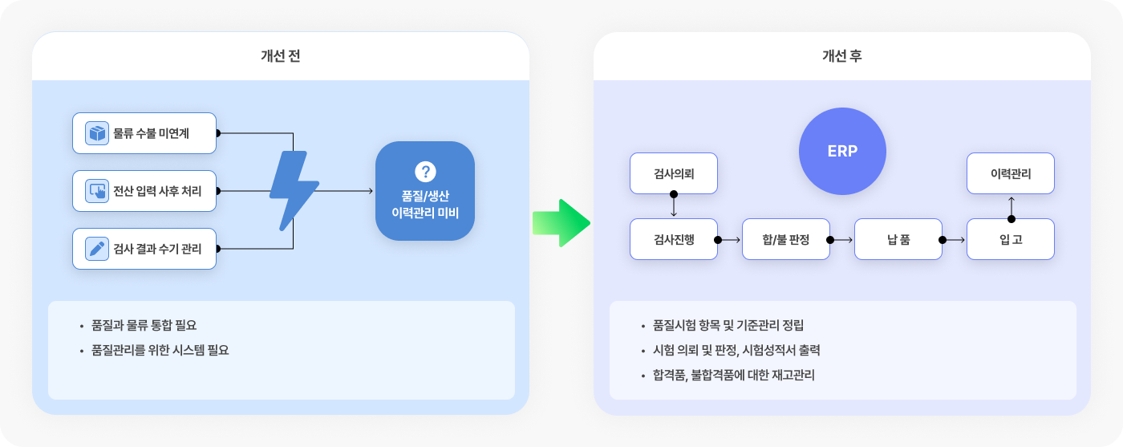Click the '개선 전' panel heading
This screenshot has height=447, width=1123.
tap(280, 55)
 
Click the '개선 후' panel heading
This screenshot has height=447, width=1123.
tap(841, 55)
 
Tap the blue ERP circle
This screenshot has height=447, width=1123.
tap(842, 151)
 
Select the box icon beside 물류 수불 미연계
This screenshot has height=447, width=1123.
tap(97, 133)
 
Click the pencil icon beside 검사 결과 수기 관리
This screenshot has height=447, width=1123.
tap(97, 249)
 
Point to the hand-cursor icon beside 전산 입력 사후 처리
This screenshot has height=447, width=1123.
tap(97, 191)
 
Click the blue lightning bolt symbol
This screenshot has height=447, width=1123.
tap(294, 191)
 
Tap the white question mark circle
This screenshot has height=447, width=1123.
tap(425, 172)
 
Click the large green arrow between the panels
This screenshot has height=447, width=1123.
tap(561, 223)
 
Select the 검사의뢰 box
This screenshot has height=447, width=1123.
tap(673, 173)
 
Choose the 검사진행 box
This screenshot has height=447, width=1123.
tap(673, 239)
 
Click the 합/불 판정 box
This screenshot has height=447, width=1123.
tap(785, 239)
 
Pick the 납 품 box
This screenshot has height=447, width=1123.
tap(898, 239)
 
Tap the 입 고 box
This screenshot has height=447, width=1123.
tap(1010, 239)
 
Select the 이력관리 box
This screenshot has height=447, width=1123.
tap(1010, 173)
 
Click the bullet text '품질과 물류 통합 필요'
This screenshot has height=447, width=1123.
tap(144, 325)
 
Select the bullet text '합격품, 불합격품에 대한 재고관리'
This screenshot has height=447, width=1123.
tap(733, 375)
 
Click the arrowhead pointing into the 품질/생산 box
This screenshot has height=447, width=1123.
tap(371, 191)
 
